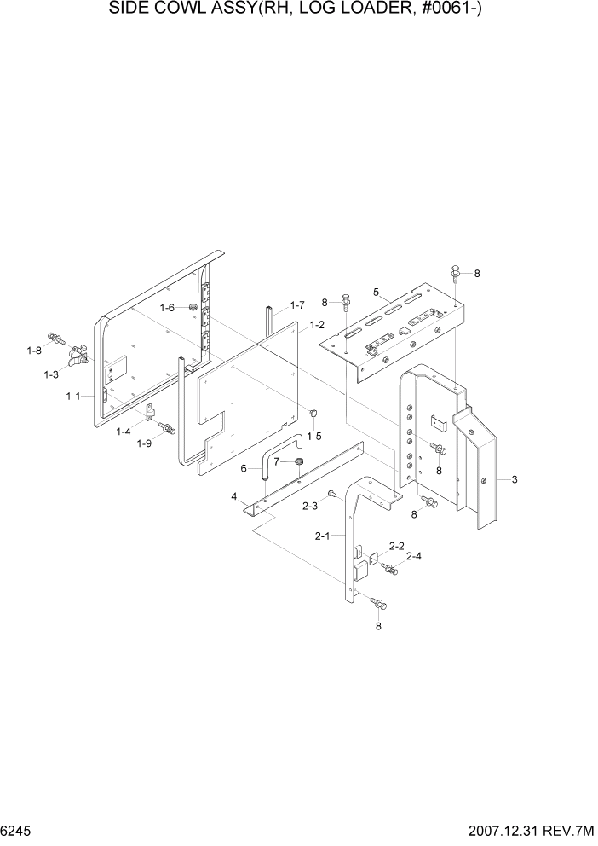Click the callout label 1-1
coord(72,396)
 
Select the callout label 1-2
coord(317,324)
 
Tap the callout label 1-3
coord(50,374)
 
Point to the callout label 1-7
coord(296,304)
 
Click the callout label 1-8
coord(34,351)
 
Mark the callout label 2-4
coord(414,556)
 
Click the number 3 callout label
coord(515,480)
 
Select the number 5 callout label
coord(376,292)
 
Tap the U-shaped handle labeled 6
coord(280,452)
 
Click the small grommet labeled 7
coord(300,463)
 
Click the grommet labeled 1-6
coord(193,307)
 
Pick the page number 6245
coord(18,831)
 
